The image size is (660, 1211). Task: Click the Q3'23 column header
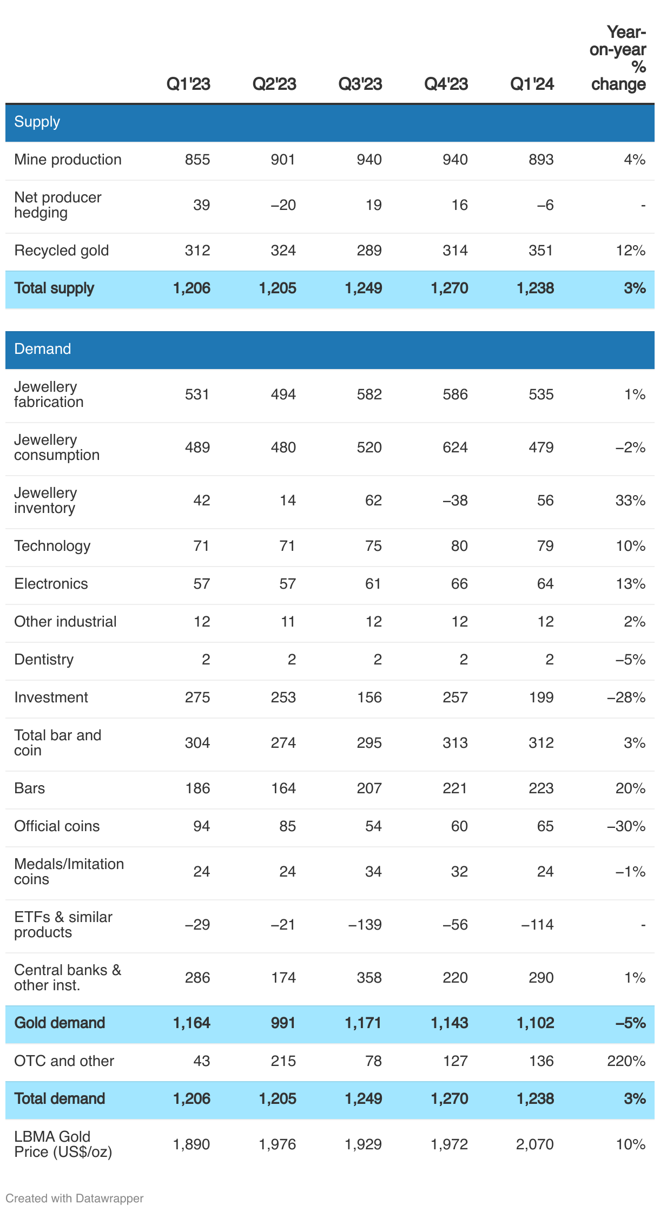[x=360, y=84]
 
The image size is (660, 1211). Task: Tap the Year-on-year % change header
[x=618, y=58]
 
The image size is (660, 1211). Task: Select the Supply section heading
[x=37, y=122]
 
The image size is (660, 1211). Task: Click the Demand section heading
[x=42, y=349]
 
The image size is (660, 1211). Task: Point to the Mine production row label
[x=68, y=160]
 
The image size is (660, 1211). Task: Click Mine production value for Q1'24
[x=541, y=160]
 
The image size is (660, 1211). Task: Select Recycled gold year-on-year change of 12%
[x=630, y=251]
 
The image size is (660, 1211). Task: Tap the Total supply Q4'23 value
[x=449, y=288]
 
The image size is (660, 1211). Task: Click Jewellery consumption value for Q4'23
[x=455, y=447]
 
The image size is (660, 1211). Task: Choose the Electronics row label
[x=51, y=584]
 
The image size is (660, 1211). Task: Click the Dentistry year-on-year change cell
[x=630, y=660]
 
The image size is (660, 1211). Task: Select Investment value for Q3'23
[x=369, y=697]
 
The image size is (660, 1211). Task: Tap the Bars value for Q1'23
[x=197, y=788]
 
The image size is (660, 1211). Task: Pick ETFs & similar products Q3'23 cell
[x=365, y=925]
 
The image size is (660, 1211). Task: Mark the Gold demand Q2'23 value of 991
[x=282, y=1023]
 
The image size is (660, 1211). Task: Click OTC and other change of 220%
[x=626, y=1061]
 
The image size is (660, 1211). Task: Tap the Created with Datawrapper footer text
[x=74, y=1199]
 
